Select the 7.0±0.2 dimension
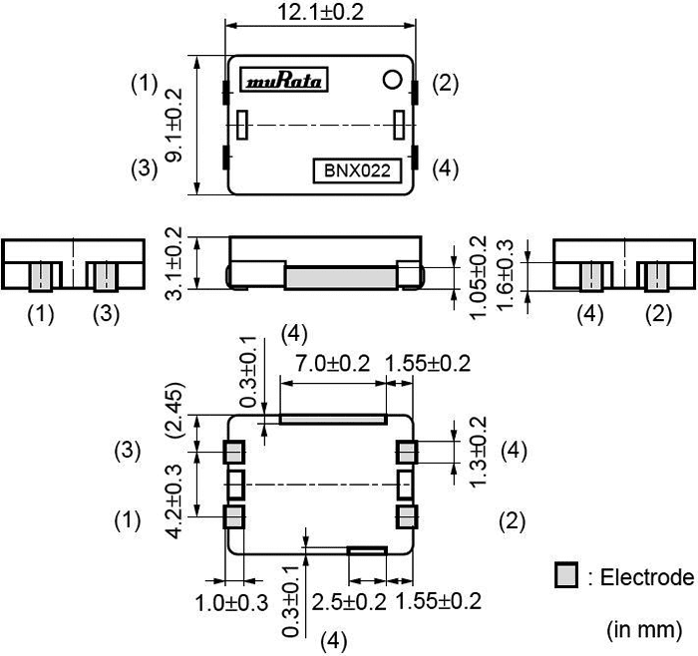point(326,363)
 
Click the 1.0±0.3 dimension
point(232,603)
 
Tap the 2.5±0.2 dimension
point(350,602)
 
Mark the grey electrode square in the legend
point(565,576)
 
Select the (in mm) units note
point(643,630)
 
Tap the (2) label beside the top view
point(446,84)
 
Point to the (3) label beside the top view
point(146,168)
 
